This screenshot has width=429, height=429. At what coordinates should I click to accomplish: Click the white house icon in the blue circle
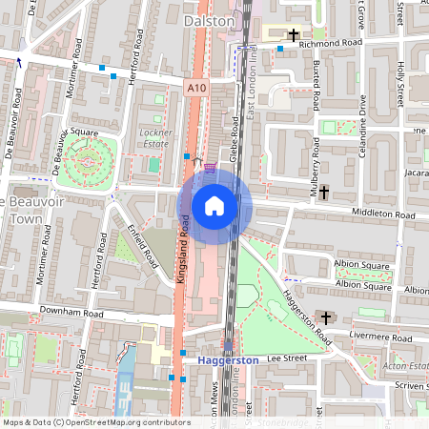214,206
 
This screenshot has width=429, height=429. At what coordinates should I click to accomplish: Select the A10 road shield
195,88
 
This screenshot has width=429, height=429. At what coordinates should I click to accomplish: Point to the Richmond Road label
332,44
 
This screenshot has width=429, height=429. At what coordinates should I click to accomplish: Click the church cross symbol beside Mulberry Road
324,192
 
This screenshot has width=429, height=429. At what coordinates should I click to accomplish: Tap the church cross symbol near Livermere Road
325,317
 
